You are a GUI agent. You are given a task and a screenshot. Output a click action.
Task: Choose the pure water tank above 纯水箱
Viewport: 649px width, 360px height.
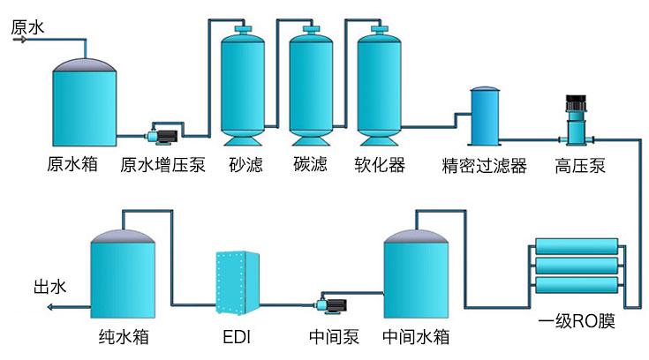pyautogui.click(x=125, y=277)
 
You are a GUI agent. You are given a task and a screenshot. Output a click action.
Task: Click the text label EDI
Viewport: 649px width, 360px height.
pyautogui.click(x=238, y=337)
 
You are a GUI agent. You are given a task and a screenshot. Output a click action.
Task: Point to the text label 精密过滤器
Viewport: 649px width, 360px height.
pyautogui.click(x=484, y=166)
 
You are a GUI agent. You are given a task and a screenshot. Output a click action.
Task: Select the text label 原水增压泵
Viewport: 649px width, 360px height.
pyautogui.click(x=162, y=166)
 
